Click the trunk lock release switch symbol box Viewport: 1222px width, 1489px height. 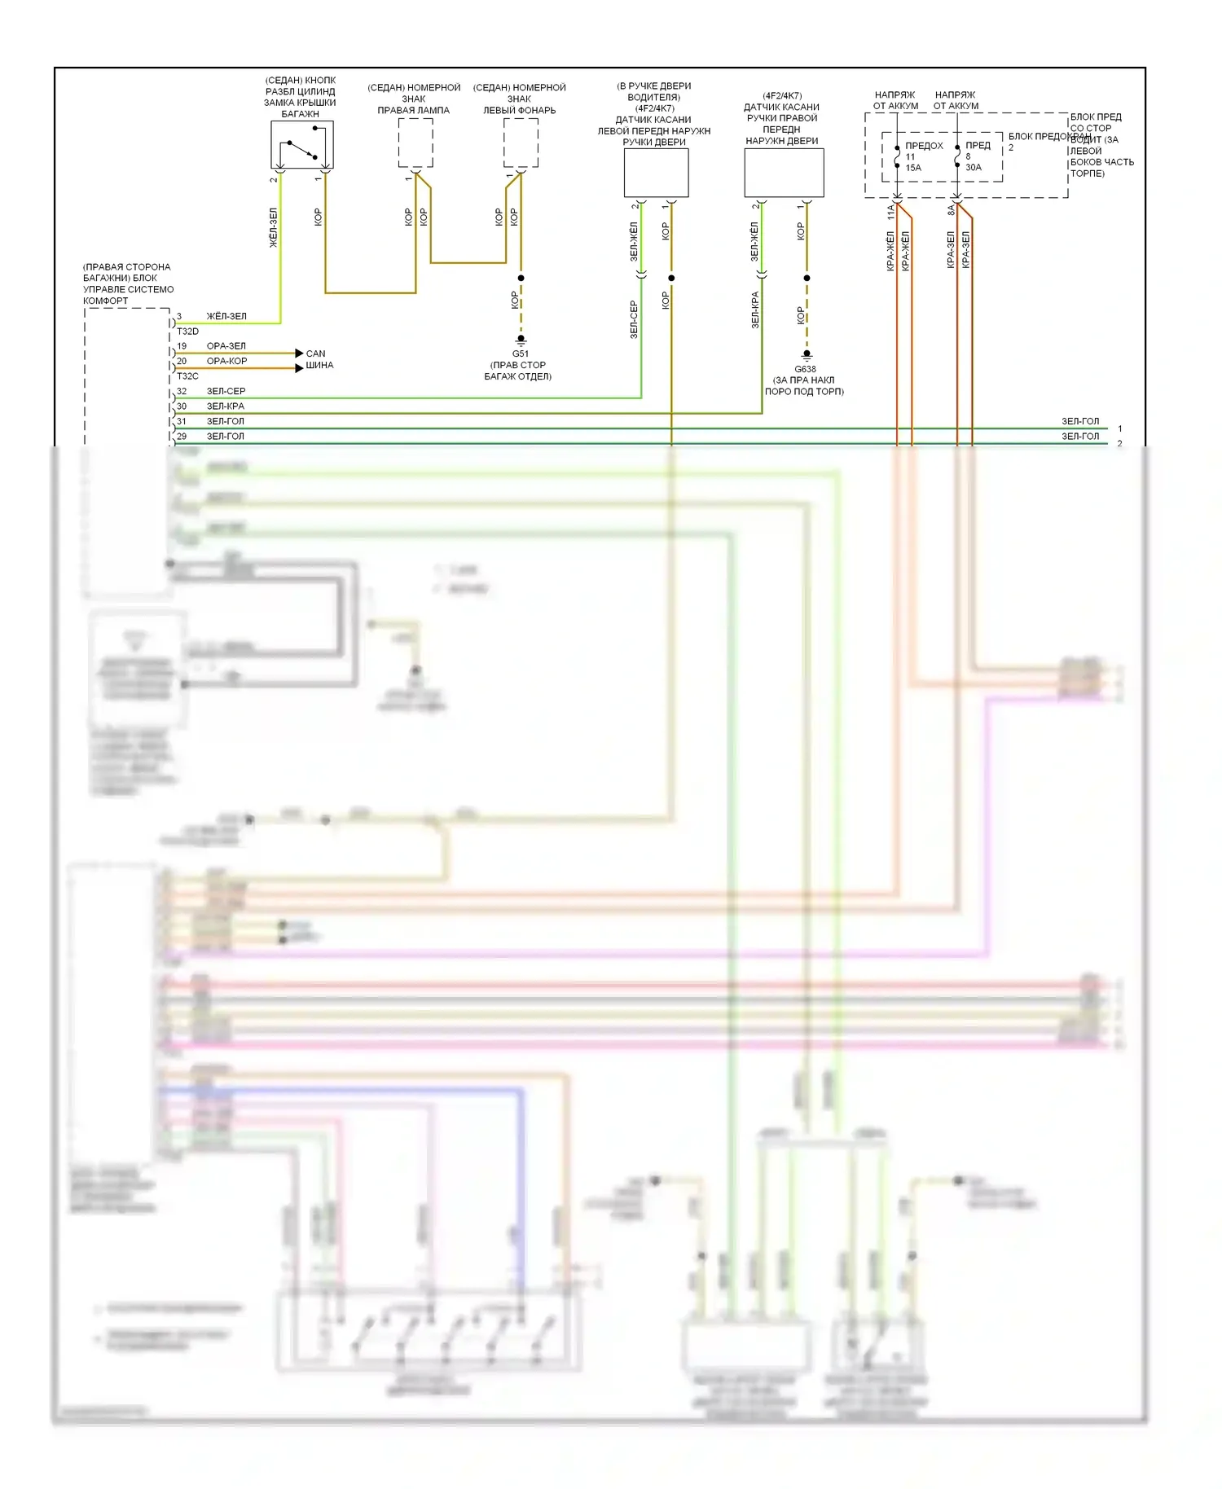[301, 145]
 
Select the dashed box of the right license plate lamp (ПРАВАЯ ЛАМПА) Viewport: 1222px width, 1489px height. [415, 143]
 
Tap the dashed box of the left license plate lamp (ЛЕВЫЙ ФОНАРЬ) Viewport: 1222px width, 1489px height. [521, 143]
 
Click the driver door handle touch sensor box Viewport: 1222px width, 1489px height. [656, 173]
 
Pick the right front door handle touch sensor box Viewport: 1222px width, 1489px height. [784, 173]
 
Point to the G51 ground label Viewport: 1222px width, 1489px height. [521, 354]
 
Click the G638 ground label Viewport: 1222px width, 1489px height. [806, 369]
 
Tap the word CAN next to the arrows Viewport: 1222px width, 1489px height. [316, 354]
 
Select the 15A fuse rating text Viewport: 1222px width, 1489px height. [913, 168]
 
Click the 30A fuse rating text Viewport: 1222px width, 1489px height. [974, 168]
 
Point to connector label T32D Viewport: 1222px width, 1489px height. [187, 332]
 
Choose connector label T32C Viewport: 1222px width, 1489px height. [187, 376]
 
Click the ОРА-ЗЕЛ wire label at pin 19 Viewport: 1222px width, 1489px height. [226, 346]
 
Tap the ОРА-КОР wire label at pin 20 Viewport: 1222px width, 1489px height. [226, 361]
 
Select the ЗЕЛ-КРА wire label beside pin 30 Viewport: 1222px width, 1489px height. [225, 406]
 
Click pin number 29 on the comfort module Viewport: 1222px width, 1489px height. [182, 437]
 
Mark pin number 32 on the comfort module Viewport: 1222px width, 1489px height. [182, 392]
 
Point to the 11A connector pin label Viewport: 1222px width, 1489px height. [890, 212]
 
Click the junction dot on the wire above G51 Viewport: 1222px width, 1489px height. [521, 279]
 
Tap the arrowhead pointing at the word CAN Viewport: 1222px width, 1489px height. [299, 354]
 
